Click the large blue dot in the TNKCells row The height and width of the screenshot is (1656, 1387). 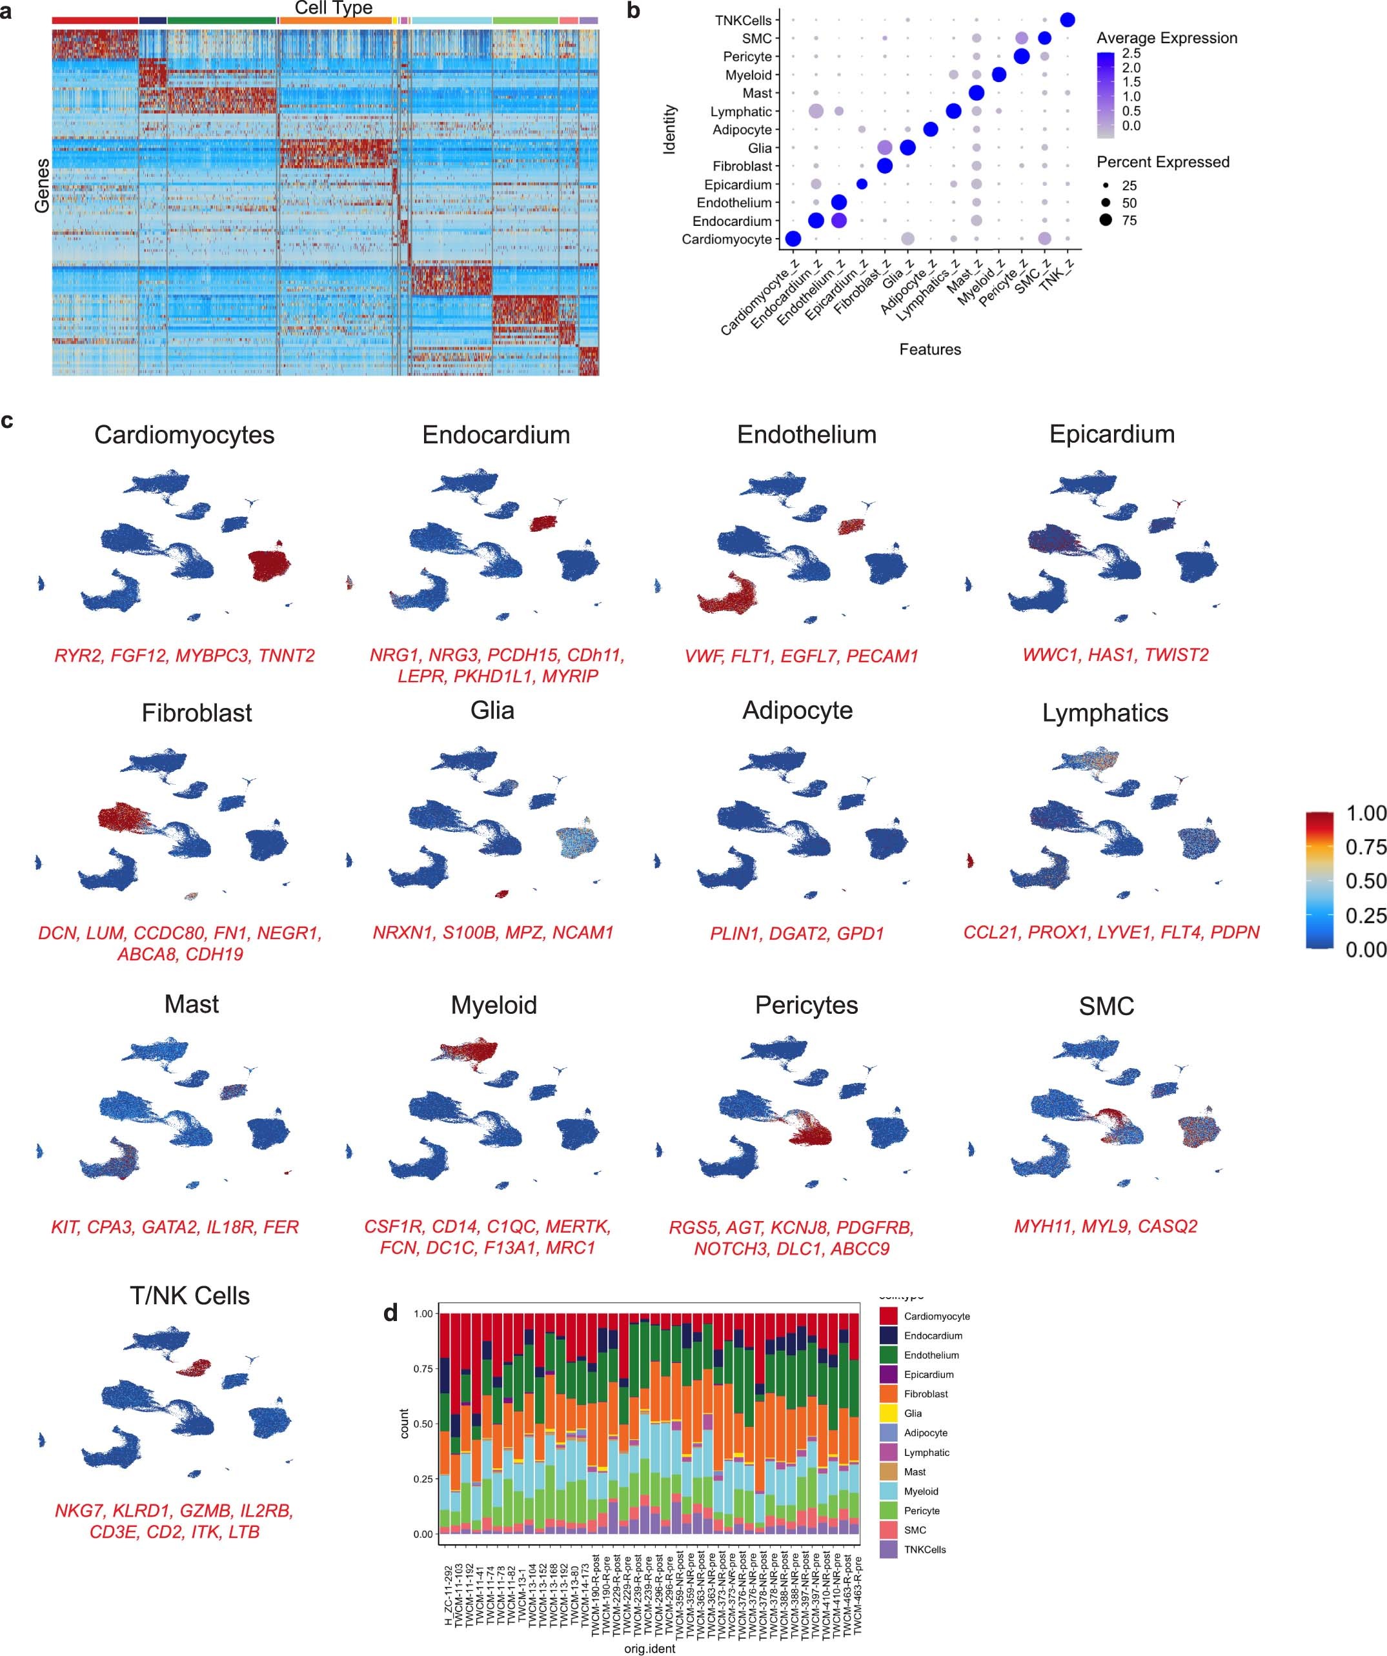1068,20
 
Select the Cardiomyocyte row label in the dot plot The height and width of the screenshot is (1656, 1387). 725,239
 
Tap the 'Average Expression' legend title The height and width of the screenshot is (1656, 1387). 1166,38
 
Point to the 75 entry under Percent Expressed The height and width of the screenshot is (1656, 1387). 1128,221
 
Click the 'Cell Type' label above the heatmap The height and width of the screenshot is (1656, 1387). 333,8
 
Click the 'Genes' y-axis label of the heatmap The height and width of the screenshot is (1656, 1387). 42,185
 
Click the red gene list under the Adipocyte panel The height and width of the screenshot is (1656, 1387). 796,934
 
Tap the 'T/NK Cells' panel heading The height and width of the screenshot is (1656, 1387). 189,1296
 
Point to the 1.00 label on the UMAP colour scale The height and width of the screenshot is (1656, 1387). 1365,814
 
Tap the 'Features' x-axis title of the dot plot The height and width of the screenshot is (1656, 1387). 929,349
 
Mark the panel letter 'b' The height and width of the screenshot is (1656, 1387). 633,12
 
